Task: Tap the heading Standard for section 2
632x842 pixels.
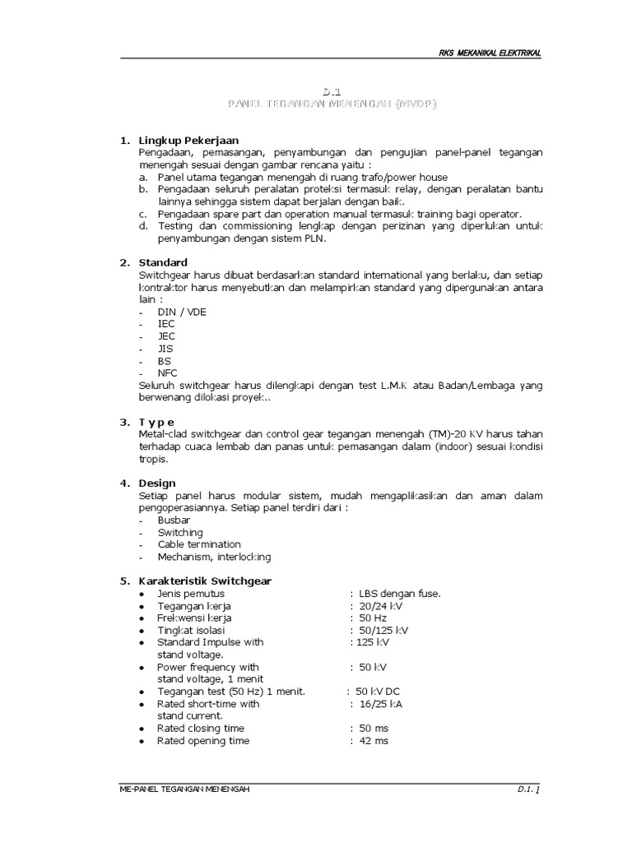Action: (164, 262)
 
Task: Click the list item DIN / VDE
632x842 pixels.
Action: (182, 312)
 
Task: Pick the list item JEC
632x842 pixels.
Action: (166, 335)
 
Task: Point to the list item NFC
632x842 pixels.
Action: (167, 372)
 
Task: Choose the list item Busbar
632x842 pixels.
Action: (174, 520)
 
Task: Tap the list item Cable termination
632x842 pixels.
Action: (199, 544)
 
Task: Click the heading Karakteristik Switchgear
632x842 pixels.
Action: (205, 581)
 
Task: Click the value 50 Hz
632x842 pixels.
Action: (373, 618)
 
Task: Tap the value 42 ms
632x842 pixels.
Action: (374, 741)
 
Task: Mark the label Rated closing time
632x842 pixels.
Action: (201, 729)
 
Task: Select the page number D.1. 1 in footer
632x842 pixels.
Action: (528, 789)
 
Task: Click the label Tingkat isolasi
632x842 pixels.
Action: (191, 630)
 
